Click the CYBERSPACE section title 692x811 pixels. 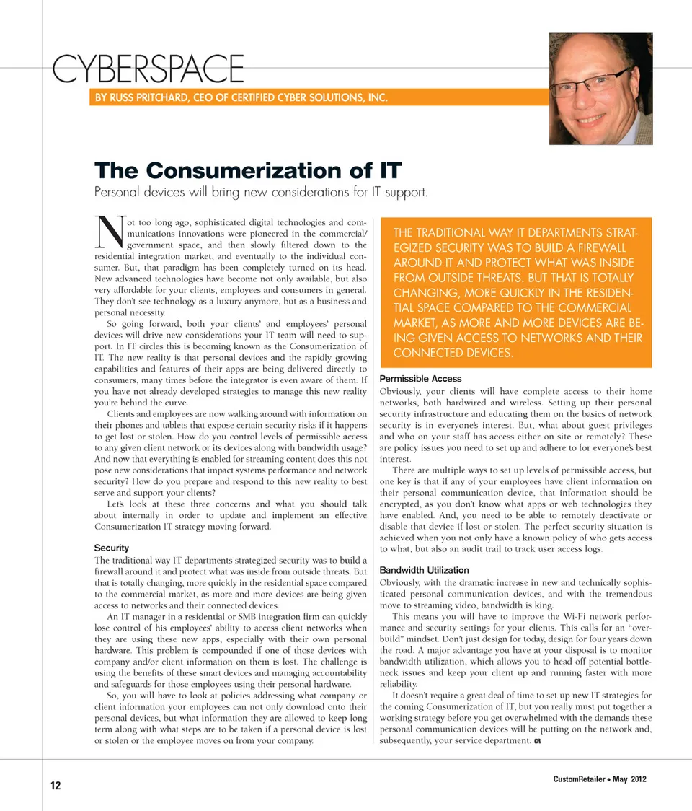[x=148, y=69]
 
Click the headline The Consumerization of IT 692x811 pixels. [x=248, y=171]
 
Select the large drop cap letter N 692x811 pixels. [x=109, y=232]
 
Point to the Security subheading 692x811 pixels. [x=112, y=548]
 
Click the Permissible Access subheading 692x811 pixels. [x=420, y=379]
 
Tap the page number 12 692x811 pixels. [x=56, y=786]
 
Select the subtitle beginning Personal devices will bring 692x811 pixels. [x=262, y=193]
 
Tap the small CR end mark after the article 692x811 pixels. [x=537, y=742]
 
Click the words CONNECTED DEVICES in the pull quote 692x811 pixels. [x=452, y=353]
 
